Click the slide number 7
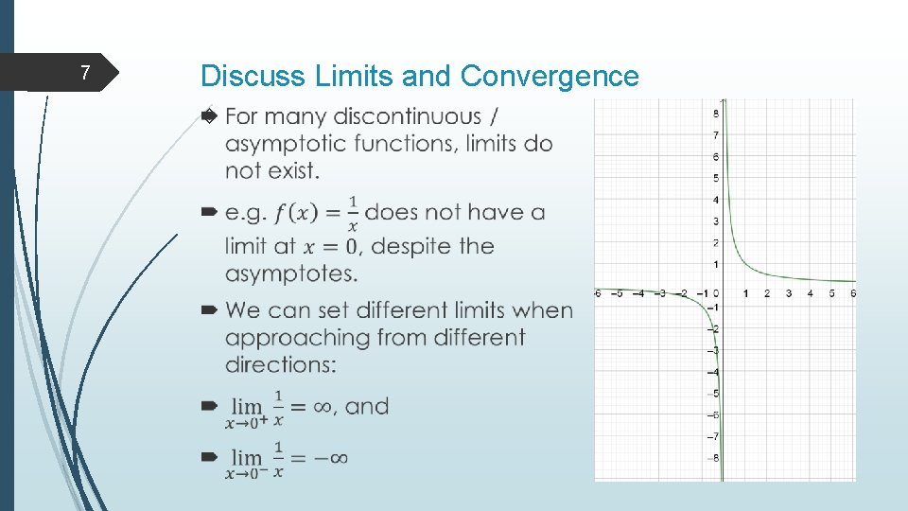pos(85,73)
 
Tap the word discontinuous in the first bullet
pos(408,116)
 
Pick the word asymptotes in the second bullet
pos(278,273)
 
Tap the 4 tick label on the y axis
pos(715,200)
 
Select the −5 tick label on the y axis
pos(715,394)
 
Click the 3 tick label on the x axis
pos(789,293)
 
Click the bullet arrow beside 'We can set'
pos(210,310)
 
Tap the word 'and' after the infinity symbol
pos(367,407)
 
